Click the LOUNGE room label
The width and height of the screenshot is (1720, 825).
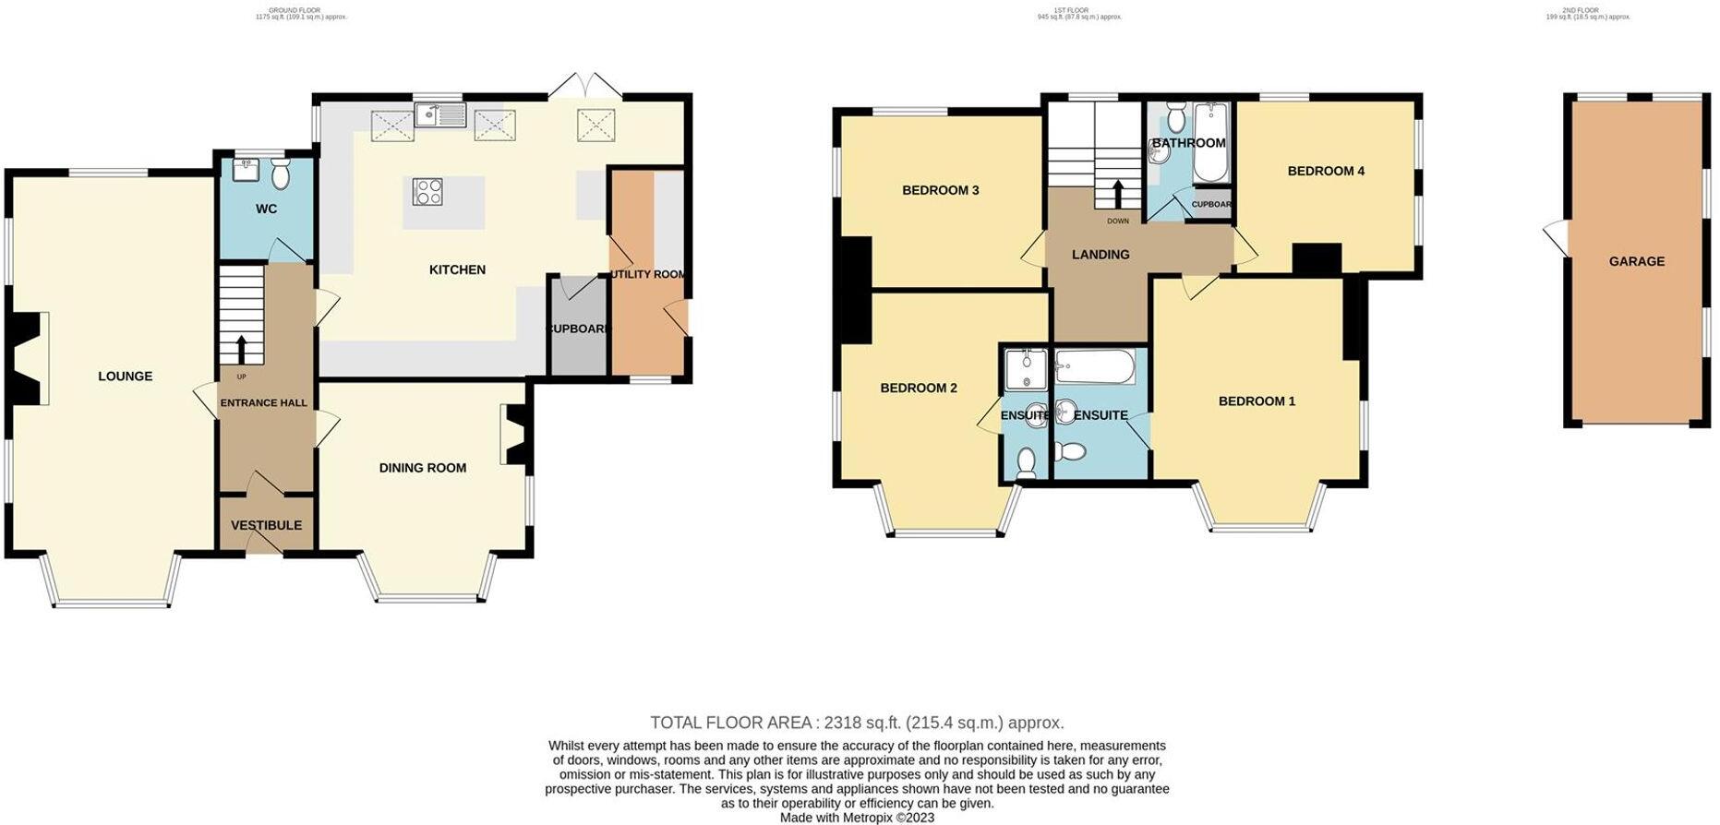click(126, 377)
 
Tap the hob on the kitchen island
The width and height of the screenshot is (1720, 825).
click(427, 191)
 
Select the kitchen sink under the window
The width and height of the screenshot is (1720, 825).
click(441, 115)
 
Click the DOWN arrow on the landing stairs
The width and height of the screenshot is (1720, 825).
click(1118, 195)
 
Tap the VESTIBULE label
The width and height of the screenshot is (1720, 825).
click(266, 525)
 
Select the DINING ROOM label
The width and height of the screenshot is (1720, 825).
click(422, 468)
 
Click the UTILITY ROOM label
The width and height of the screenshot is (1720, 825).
click(647, 274)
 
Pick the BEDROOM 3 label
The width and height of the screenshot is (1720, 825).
click(940, 190)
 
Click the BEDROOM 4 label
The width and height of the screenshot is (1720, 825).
click(1326, 171)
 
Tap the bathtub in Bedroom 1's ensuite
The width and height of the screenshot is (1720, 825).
click(1095, 367)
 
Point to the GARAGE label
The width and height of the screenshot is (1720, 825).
click(1636, 261)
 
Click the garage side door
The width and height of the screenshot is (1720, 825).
click(1556, 239)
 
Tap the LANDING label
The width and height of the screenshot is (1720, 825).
click(1100, 255)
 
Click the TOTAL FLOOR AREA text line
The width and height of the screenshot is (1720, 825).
click(856, 723)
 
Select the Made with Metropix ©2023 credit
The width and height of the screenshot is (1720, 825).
click(857, 818)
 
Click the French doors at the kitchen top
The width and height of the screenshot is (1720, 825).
click(584, 85)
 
